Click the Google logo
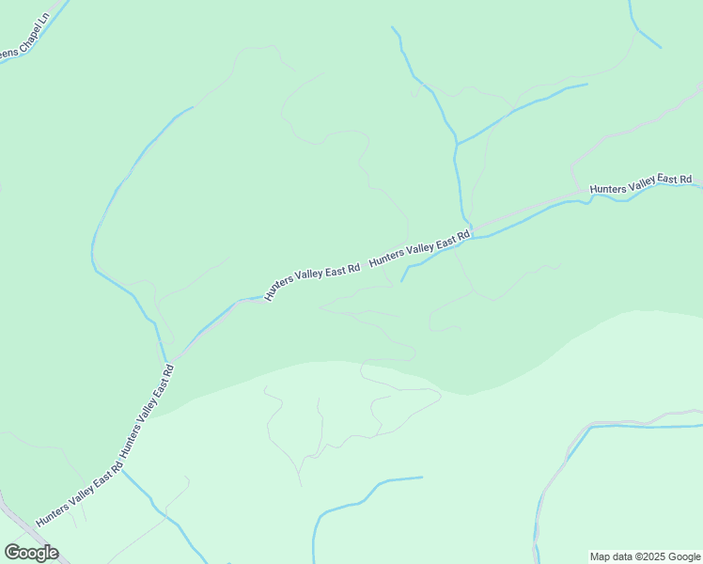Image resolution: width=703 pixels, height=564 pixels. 31,553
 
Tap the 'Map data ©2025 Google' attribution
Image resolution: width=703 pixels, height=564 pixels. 646,556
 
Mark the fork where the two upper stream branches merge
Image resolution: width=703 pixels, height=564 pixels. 457,145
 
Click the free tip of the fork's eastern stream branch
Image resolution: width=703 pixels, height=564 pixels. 587,85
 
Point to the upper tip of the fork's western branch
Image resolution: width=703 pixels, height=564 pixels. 393,27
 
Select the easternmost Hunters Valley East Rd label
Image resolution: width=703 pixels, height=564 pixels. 641,184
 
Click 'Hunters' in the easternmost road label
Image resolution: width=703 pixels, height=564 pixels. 609,189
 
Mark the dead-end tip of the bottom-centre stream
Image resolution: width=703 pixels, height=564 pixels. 422,478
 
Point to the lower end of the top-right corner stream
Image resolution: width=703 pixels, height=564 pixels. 661,48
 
